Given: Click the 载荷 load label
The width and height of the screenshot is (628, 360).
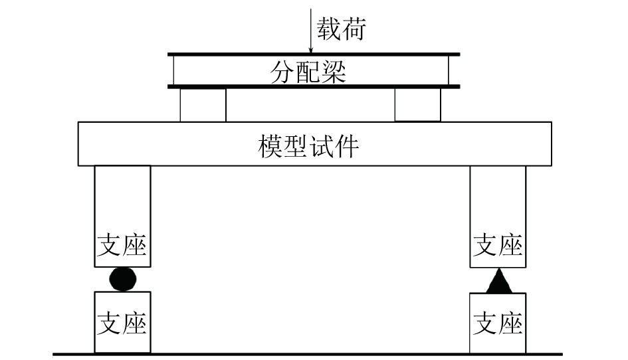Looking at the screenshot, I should pos(340,30).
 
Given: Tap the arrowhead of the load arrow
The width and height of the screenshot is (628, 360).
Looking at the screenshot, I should pos(311,50).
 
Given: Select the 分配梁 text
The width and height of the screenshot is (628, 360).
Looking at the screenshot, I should pos(308,71).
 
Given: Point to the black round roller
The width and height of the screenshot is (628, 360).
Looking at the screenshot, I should pos(124,279).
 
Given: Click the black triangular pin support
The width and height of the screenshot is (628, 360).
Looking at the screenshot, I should pos(498,282).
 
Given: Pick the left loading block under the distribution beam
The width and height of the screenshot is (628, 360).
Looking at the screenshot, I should pos(203,105).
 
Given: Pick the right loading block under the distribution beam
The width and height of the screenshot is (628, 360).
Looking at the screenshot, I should pos(417,105).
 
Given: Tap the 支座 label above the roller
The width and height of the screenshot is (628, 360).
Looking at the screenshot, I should pos(122,246).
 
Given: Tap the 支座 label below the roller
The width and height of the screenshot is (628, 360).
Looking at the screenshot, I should pos(122,323).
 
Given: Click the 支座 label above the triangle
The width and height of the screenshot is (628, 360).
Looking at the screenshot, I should pos(498,246).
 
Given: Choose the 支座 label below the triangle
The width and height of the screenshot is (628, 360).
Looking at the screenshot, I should pos(498,323).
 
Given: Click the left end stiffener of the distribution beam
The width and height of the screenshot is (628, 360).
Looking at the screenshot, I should pos(173,70).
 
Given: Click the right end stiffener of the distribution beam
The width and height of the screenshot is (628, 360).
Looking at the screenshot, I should pos(449,70).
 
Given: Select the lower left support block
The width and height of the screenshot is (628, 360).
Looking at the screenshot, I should pos(122,322).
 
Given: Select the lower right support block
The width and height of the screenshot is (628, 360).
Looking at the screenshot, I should pos(498,322).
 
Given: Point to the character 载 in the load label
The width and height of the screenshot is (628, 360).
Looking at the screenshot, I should pos(328,30).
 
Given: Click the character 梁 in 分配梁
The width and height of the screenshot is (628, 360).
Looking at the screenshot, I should pos(334,71).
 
